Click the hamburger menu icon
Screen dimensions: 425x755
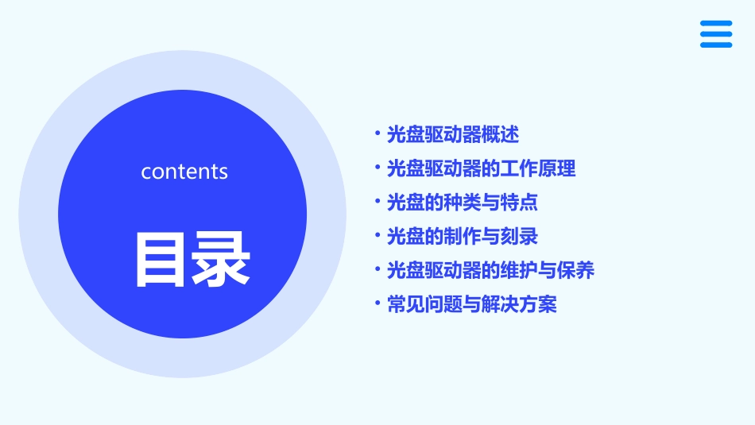716,34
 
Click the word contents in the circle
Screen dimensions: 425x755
184,172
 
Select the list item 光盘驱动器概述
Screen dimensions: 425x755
452,135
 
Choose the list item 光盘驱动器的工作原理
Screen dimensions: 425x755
481,168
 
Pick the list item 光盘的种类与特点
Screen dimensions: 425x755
462,203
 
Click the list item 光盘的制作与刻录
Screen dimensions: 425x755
462,237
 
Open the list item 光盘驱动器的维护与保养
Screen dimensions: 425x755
490,271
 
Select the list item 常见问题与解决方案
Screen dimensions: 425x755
471,304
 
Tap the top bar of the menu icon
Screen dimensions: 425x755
716,24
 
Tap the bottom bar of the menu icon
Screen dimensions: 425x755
716,44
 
